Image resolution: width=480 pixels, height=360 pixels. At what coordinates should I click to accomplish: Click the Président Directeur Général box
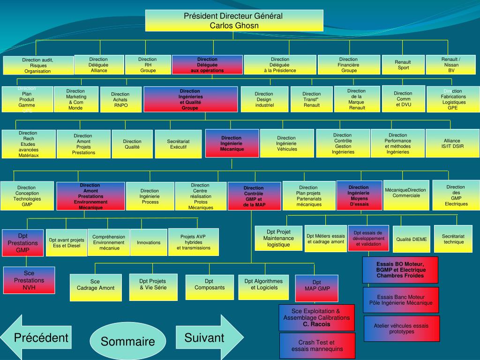pos(234,21)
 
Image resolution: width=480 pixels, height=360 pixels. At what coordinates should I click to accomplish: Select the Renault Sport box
pos(403,65)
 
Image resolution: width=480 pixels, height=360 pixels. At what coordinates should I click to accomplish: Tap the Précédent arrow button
pos(37,337)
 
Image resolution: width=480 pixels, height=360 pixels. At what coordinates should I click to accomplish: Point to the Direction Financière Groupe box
pos(349,65)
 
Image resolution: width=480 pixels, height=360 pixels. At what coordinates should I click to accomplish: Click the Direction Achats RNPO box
pos(120,99)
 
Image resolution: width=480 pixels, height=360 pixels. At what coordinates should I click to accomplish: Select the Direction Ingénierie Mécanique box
pos(232,143)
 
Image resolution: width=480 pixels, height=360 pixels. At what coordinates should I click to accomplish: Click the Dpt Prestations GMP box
pos(22,243)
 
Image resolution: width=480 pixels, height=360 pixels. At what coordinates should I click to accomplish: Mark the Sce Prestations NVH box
pos(29,280)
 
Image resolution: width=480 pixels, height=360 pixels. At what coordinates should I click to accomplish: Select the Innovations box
pos(149,243)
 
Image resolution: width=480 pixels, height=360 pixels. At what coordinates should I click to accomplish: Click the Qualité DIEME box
pos(411,239)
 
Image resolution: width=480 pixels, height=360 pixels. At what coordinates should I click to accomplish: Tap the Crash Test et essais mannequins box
pos(317,346)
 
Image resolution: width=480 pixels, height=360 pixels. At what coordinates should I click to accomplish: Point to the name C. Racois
pos(316,324)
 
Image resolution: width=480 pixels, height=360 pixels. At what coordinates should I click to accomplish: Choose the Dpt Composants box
pos(210,287)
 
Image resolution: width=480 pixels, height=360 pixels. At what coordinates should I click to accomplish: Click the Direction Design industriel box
pos(264,99)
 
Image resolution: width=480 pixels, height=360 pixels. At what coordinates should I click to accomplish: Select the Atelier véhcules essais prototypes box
pos(401,329)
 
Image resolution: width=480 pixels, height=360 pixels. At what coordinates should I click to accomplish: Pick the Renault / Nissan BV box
pos(451,65)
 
